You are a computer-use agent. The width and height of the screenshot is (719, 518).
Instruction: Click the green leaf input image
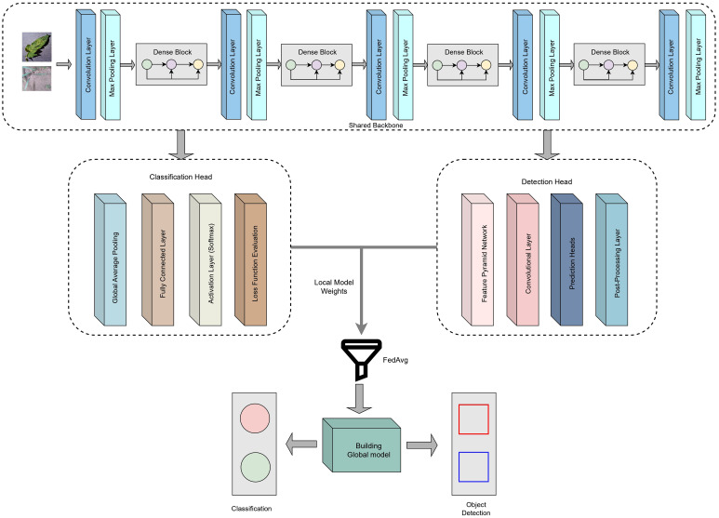[36, 46]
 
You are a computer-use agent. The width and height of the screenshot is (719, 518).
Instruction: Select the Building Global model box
[361, 445]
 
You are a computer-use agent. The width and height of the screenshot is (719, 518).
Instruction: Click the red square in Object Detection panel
[473, 419]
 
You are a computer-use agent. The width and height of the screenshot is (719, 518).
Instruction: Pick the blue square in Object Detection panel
[473, 467]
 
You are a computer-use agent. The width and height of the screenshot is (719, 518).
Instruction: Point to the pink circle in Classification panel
[255, 418]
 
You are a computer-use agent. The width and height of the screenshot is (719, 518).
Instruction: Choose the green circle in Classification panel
[255, 467]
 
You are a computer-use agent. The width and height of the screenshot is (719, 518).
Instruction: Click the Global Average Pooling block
[110, 259]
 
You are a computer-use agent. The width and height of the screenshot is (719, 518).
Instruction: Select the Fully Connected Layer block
[158, 259]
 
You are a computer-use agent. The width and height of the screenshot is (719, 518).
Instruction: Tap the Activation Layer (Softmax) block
[206, 259]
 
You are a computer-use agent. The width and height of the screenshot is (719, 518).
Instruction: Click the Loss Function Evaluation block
[251, 259]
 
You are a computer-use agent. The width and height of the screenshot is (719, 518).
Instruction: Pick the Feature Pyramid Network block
[478, 259]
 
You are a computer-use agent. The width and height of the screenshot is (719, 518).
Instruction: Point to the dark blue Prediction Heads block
[566, 259]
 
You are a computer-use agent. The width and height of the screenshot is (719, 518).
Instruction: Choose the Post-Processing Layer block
[612, 259]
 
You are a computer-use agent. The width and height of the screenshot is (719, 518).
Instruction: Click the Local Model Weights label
[334, 286]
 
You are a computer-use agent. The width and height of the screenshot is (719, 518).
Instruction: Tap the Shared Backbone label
[376, 126]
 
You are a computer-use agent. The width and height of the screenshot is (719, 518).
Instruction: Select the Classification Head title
[180, 177]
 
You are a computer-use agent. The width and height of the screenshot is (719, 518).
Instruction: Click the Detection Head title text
[547, 182]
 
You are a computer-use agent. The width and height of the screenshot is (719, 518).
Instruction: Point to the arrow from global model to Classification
[300, 445]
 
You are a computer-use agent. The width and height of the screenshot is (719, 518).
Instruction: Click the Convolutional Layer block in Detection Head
[523, 259]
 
